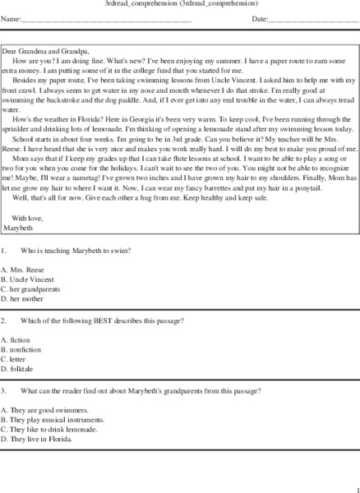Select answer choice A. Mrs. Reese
click(22, 269)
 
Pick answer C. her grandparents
click(32, 288)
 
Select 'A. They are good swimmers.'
click(44, 409)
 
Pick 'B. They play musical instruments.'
click(53, 419)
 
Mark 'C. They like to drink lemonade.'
click(50, 429)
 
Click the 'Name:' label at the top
click(11, 17)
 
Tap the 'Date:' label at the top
click(260, 17)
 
